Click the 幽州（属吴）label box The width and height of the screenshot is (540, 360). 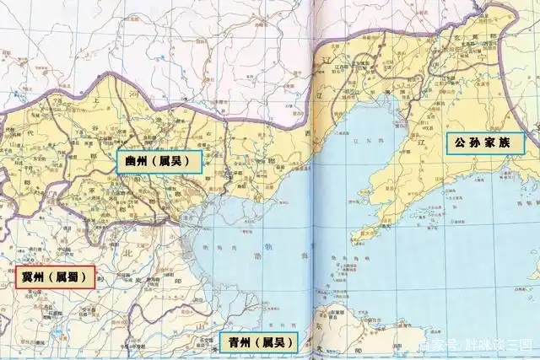point(159,161)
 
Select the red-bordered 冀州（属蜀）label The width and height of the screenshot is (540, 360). point(55,277)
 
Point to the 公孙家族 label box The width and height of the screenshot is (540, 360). point(486,142)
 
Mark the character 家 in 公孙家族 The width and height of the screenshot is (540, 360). point(494,142)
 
